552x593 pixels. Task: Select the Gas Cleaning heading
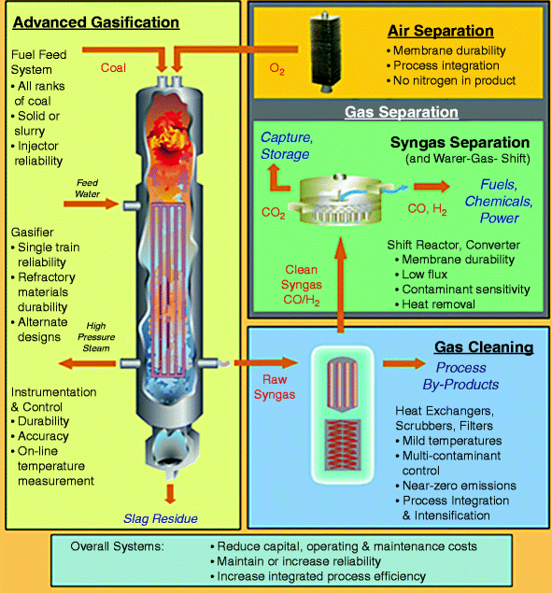click(485, 348)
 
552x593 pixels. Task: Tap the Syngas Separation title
click(460, 146)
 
